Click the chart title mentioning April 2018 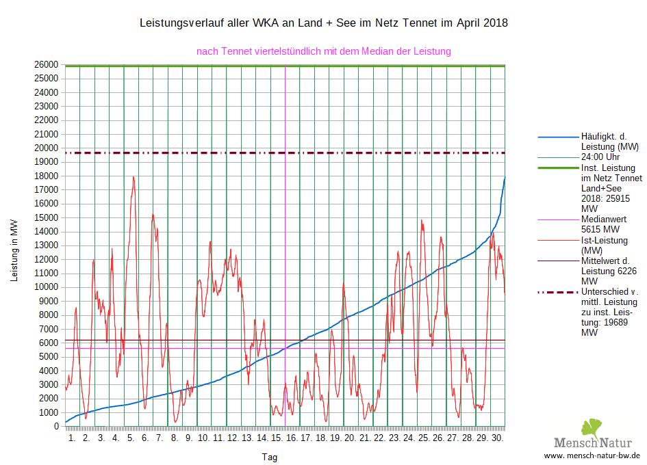pos(323,23)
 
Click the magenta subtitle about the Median pos(323,51)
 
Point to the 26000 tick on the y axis pos(47,65)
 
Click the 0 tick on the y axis pos(57,427)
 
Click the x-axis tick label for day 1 pos(72,437)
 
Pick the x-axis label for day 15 pos(277,437)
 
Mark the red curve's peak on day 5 pos(134,176)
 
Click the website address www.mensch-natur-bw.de pos(592,454)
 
